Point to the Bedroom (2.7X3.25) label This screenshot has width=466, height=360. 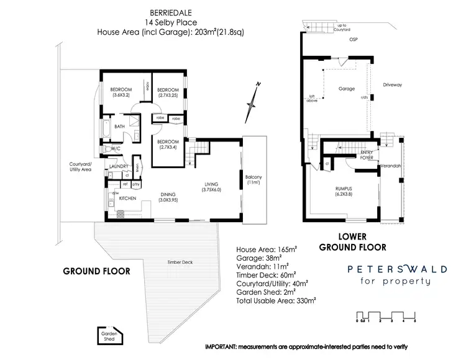click(168, 92)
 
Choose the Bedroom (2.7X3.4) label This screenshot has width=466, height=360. click(168, 145)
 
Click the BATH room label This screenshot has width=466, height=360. click(120, 127)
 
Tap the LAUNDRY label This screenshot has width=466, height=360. click(118, 166)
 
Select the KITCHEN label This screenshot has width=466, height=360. click(127, 198)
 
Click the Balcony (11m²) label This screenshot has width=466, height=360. click(254, 180)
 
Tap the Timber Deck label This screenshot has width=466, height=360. click(180, 263)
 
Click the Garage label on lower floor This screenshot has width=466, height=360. click(346, 89)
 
